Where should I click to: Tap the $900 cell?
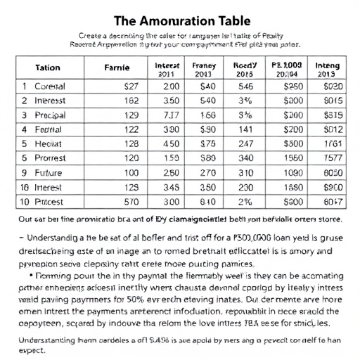tap(332, 186)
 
